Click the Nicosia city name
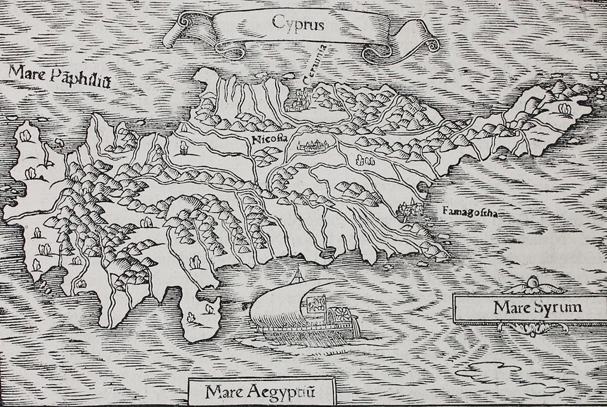tap(269, 139)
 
